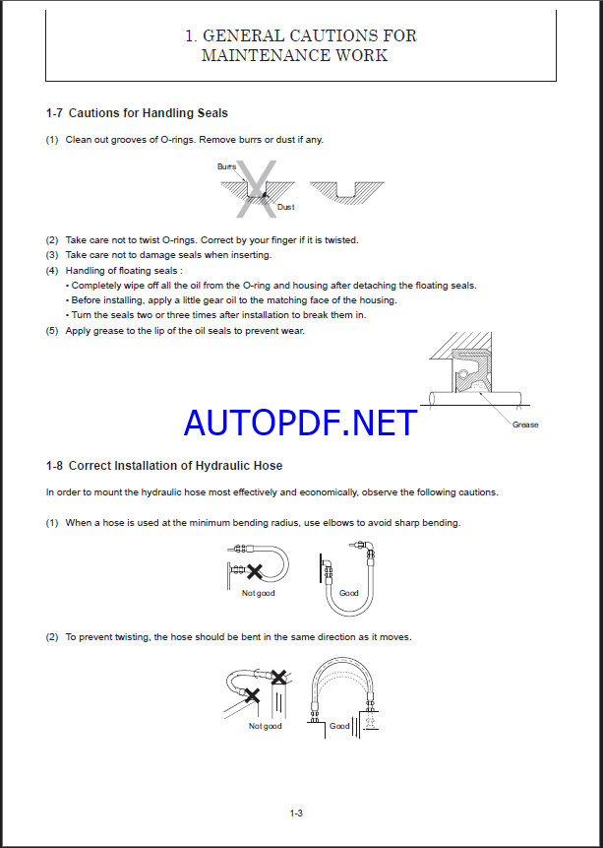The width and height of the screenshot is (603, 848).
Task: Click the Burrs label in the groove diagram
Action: pos(226,166)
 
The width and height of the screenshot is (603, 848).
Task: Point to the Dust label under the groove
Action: pos(285,207)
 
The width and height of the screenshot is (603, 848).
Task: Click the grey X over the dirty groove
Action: pos(258,188)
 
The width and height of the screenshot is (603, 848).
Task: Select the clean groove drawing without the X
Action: pos(346,190)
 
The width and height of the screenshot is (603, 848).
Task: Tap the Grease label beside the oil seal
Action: pos(525,424)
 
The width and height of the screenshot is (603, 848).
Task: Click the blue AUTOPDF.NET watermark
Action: pos(300,423)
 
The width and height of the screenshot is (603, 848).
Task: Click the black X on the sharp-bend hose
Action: pos(255,570)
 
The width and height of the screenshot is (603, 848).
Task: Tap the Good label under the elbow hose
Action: pos(349,593)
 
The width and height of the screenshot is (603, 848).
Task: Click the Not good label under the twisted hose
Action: pos(265,726)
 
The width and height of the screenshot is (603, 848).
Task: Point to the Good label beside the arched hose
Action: pos(339,726)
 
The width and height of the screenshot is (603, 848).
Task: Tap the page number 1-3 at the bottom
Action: pos(296,813)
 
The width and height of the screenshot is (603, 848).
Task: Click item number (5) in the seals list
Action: pos(52,331)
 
